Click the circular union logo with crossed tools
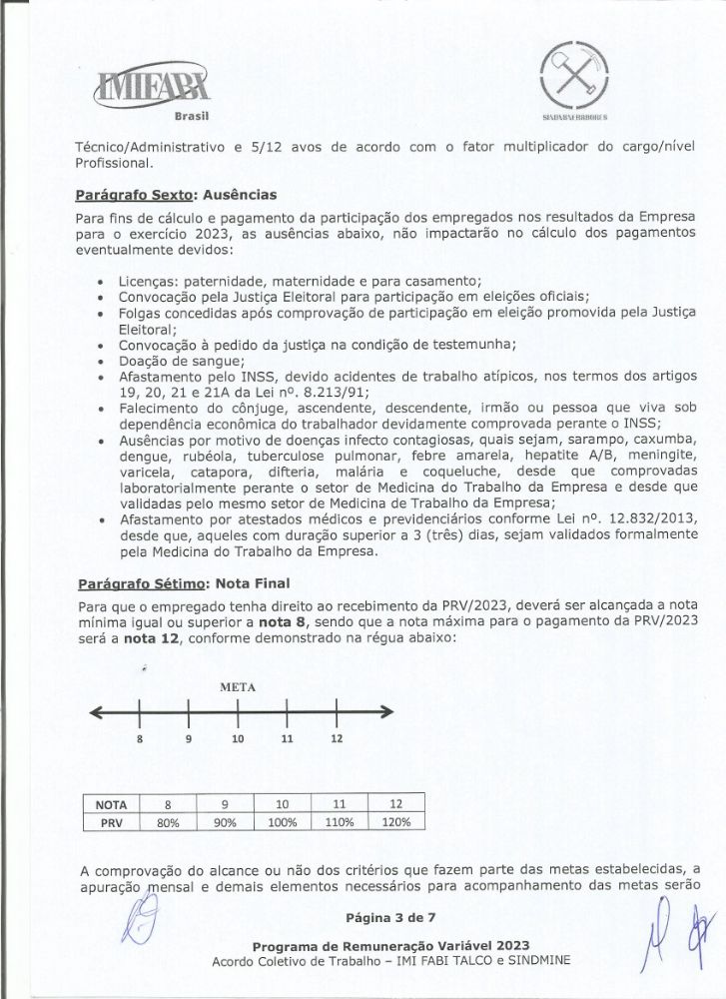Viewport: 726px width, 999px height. pyautogui.click(x=570, y=72)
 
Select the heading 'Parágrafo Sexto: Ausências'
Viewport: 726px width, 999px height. pyautogui.click(x=176, y=194)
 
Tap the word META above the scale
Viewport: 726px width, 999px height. pyautogui.click(x=238, y=687)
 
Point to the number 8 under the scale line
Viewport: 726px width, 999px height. pyautogui.click(x=141, y=738)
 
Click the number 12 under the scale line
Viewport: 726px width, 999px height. pyautogui.click(x=337, y=738)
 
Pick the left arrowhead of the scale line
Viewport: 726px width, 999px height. pyautogui.click(x=96, y=711)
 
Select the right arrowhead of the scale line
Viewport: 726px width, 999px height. pyautogui.click(x=385, y=711)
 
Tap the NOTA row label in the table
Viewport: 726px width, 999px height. pyautogui.click(x=111, y=804)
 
